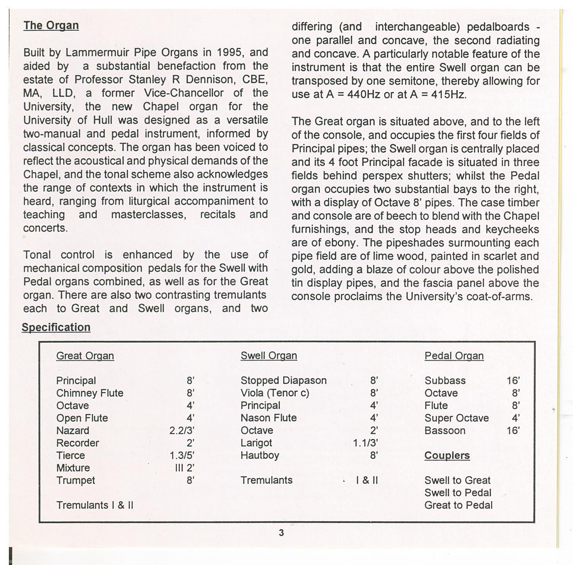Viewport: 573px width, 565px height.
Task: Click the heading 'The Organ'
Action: click(x=51, y=26)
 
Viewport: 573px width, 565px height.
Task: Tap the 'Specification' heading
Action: click(x=56, y=327)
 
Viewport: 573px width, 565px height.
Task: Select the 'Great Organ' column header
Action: click(x=85, y=356)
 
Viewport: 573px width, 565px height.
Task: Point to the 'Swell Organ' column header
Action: click(x=269, y=356)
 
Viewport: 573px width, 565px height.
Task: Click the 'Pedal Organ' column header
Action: click(x=454, y=356)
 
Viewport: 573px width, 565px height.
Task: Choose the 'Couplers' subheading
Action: click(x=447, y=456)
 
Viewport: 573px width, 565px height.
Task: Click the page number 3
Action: click(x=281, y=533)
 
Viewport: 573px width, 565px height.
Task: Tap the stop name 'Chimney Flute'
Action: click(x=90, y=393)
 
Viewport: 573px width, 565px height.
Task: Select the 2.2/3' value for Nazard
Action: click(x=181, y=431)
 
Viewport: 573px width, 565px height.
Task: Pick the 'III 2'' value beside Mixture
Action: click(x=185, y=468)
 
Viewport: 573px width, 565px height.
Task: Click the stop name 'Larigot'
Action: click(x=256, y=443)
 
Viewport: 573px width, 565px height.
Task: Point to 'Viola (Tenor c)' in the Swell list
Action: click(x=275, y=393)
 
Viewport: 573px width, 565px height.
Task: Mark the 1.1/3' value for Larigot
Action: click(x=365, y=443)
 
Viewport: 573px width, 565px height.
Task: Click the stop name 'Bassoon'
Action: click(x=445, y=431)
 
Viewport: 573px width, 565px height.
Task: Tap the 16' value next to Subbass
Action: click(x=513, y=381)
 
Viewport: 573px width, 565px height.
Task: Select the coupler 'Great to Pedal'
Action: click(x=458, y=505)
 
